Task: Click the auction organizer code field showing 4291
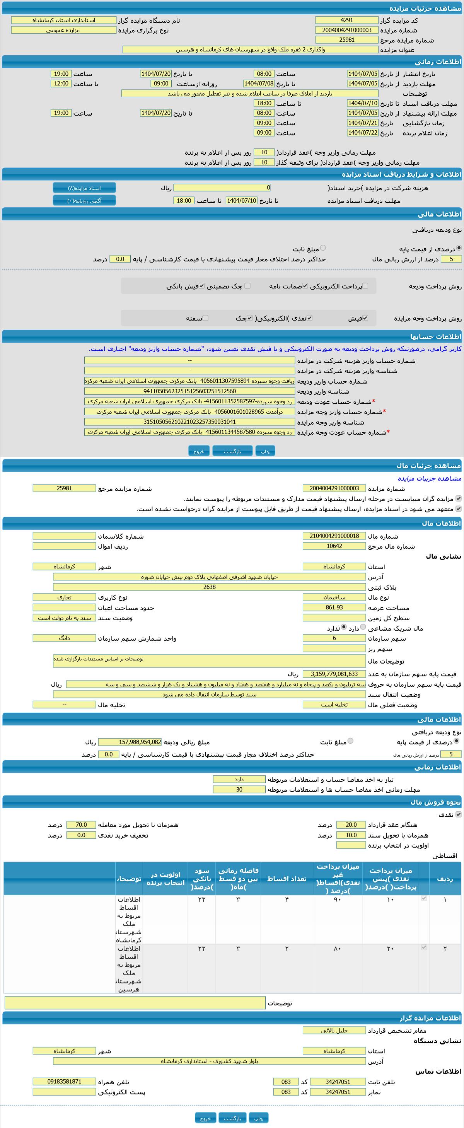(347, 20)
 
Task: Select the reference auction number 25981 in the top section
(347, 40)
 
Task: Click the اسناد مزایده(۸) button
(84, 188)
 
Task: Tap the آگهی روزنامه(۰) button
(84, 201)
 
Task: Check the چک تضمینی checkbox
(247, 286)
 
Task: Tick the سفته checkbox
(205, 318)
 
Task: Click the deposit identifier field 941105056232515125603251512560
(189, 391)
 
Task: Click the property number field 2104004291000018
(334, 536)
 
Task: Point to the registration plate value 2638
(209, 587)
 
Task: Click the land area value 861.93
(334, 608)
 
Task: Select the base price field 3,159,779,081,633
(334, 674)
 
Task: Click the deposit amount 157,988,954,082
(130, 742)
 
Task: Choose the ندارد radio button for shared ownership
(344, 628)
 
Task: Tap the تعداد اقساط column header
(287, 879)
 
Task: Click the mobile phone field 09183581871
(64, 1081)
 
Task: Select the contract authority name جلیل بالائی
(334, 1030)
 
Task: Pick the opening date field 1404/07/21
(362, 123)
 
